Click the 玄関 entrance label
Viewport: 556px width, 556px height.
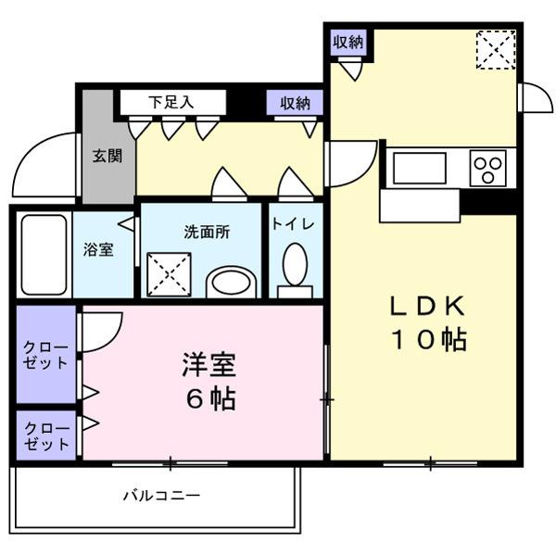pos(107,157)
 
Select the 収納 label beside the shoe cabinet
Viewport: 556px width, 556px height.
pos(295,102)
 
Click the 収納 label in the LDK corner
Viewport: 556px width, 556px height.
pos(349,41)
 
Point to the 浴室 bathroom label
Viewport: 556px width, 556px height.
pos(99,249)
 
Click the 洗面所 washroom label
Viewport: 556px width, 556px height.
pos(206,232)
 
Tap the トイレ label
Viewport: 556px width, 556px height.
pos(295,225)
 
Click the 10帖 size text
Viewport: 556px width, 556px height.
pos(426,340)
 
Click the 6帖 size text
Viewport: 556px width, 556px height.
pos(208,399)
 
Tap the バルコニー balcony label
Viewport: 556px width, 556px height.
pos(161,496)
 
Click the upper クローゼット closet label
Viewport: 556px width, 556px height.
pos(45,356)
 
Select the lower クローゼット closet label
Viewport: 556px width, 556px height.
pos(45,436)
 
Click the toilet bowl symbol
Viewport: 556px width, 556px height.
pos(295,267)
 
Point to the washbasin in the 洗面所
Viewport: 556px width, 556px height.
pos(231,282)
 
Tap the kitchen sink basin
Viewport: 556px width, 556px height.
pos(419,169)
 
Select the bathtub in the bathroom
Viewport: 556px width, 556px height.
pos(44,255)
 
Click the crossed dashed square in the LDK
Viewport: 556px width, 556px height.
pos(495,48)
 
